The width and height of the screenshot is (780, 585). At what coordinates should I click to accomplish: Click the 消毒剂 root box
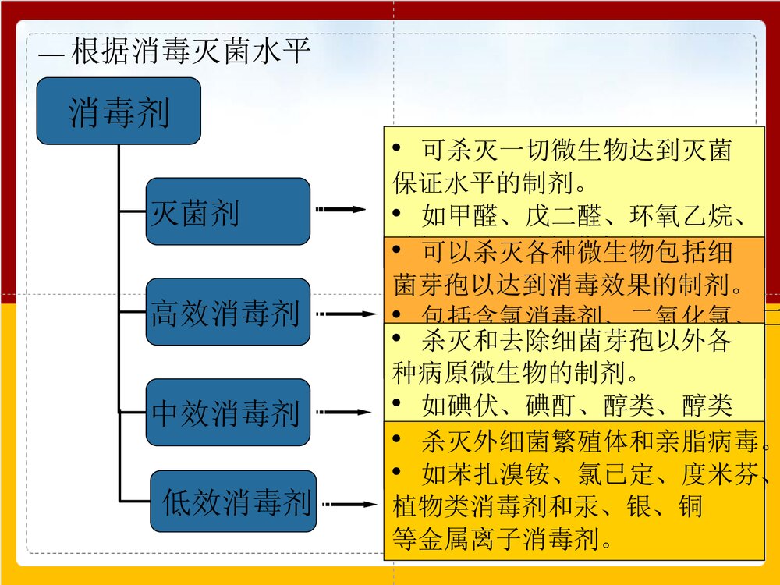coord(119,111)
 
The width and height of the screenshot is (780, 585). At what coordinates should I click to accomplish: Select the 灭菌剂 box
coord(228,211)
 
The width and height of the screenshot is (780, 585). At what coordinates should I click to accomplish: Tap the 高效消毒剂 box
coord(228,312)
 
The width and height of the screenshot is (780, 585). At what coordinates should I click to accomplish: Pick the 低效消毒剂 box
coord(233,502)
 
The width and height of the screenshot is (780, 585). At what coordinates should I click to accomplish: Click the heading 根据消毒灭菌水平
coord(191,52)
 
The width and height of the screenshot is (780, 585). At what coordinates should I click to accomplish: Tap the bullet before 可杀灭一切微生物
coord(398,148)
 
